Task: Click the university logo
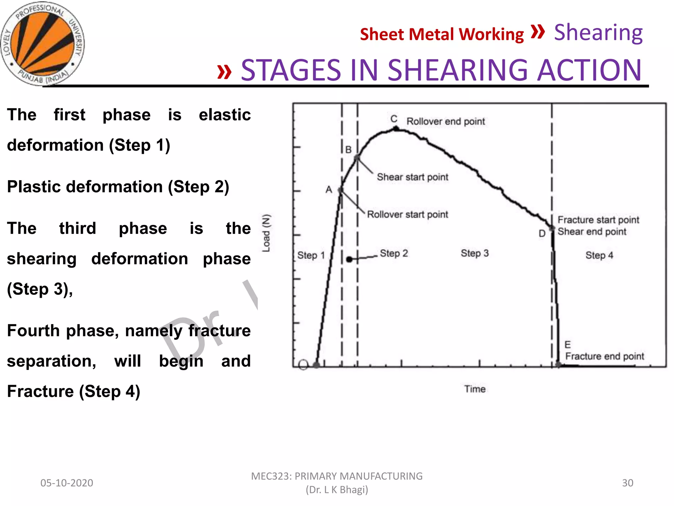[x=42, y=43]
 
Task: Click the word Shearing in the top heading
[x=598, y=33]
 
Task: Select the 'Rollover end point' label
[x=446, y=122]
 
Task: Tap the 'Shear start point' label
[x=412, y=177]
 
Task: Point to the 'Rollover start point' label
[x=407, y=214]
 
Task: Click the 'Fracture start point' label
[x=598, y=220]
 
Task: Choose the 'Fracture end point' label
[x=604, y=356]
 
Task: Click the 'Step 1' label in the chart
[x=311, y=255]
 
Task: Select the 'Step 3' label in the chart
[x=475, y=253]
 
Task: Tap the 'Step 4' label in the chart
[x=599, y=255]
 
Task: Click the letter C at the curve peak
[x=394, y=119]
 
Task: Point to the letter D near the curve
[x=542, y=234]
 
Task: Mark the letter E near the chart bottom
[x=567, y=345]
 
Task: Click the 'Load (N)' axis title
[x=266, y=233]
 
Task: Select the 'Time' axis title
[x=475, y=389]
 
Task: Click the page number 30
[x=627, y=483]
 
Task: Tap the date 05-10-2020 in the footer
[x=67, y=483]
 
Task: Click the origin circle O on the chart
[x=303, y=365]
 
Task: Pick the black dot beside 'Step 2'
[x=350, y=260]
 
